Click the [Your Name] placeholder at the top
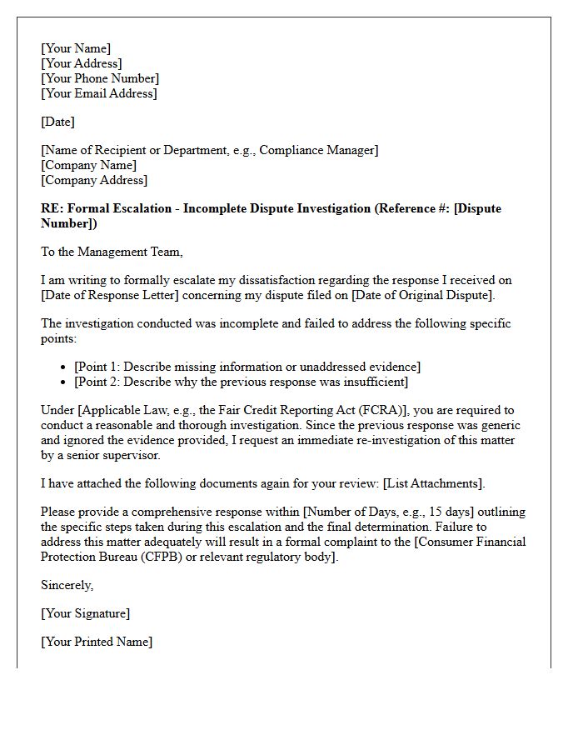click(x=76, y=48)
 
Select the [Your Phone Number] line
click(x=100, y=78)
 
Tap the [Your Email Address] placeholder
click(x=98, y=93)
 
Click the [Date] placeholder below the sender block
click(x=57, y=122)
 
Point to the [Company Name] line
click(x=89, y=165)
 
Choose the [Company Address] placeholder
click(x=94, y=180)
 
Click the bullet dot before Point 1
click(x=66, y=367)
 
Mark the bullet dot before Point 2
click(x=66, y=382)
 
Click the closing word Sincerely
click(x=67, y=585)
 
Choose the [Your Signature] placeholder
click(x=85, y=613)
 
